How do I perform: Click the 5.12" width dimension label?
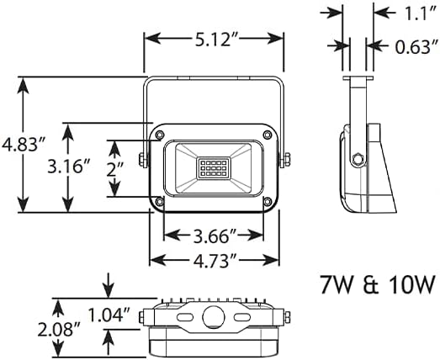(212, 40)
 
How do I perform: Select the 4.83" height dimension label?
(23, 144)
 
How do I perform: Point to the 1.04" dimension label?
(108, 315)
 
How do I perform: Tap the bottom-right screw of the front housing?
(267, 203)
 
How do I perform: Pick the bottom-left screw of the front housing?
(159, 203)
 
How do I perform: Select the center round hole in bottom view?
(213, 317)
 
